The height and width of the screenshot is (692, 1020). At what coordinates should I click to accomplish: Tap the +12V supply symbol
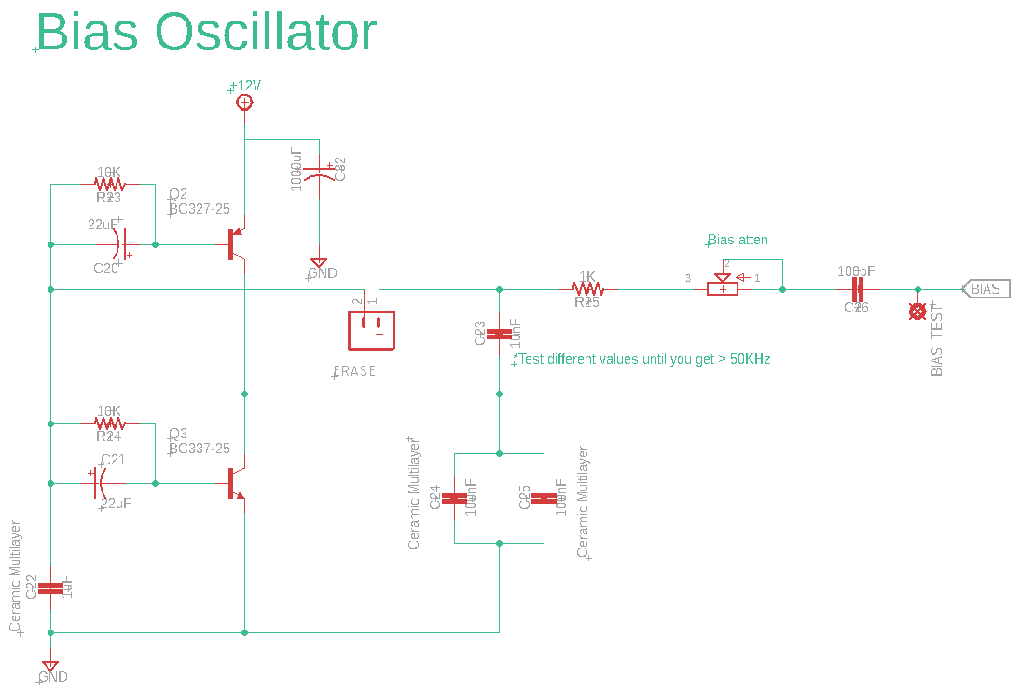[x=244, y=102]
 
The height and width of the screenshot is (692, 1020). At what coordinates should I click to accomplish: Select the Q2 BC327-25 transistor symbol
[x=235, y=244]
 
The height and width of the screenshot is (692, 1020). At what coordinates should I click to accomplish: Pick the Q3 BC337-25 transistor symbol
[x=235, y=483]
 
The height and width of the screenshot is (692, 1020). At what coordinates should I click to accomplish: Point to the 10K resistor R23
[x=110, y=185]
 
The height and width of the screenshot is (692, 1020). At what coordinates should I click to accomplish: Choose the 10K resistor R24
[x=110, y=423]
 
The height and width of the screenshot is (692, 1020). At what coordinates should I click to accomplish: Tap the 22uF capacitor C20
[x=122, y=244]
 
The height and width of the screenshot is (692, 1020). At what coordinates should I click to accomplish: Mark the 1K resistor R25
[x=587, y=289]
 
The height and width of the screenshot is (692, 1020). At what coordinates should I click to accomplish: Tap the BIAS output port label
[x=985, y=289]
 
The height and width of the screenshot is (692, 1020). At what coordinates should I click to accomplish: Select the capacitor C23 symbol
[x=500, y=334]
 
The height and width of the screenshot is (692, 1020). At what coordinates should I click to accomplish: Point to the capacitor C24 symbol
[x=454, y=498]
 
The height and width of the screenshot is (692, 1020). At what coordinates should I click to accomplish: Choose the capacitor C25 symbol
[x=544, y=498]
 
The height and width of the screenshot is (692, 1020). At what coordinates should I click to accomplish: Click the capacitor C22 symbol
[x=51, y=588]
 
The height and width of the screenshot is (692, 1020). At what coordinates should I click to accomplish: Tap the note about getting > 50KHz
[x=643, y=359]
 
